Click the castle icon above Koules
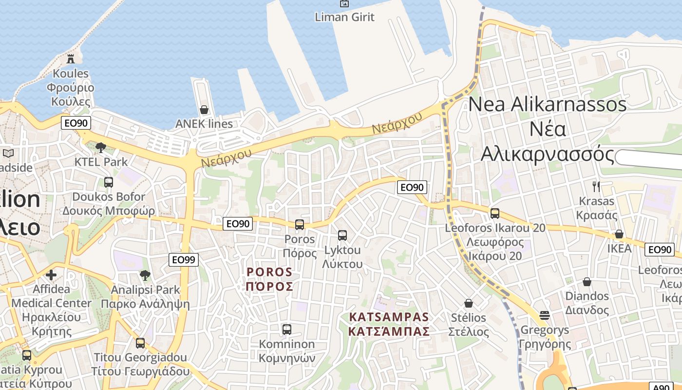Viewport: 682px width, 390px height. pos(71,59)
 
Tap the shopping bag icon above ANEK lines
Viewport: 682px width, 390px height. pos(204,110)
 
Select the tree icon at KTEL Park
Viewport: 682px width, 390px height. pos(101,147)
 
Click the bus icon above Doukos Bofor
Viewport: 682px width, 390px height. pos(109,182)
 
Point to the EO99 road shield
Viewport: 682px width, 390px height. pos(184,260)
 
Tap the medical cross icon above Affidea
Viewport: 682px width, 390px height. pos(51,275)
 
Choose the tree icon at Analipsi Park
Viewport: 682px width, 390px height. pos(145,275)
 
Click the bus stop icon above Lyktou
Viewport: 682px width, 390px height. pos(342,235)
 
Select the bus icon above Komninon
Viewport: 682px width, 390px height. pos(287,330)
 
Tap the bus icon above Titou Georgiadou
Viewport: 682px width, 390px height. pos(140,343)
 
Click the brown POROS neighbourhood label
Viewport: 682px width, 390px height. pos(269,279)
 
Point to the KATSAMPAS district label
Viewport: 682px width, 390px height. pos(389,324)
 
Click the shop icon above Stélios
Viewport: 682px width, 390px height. pos(469,303)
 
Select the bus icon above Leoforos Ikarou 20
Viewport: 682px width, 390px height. pos(495,213)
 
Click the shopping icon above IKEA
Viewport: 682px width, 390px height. pos(619,234)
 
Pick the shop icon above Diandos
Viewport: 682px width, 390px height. pos(587,282)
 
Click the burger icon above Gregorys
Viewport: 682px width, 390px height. pos(545,315)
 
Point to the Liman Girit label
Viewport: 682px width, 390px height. pos(344,17)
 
